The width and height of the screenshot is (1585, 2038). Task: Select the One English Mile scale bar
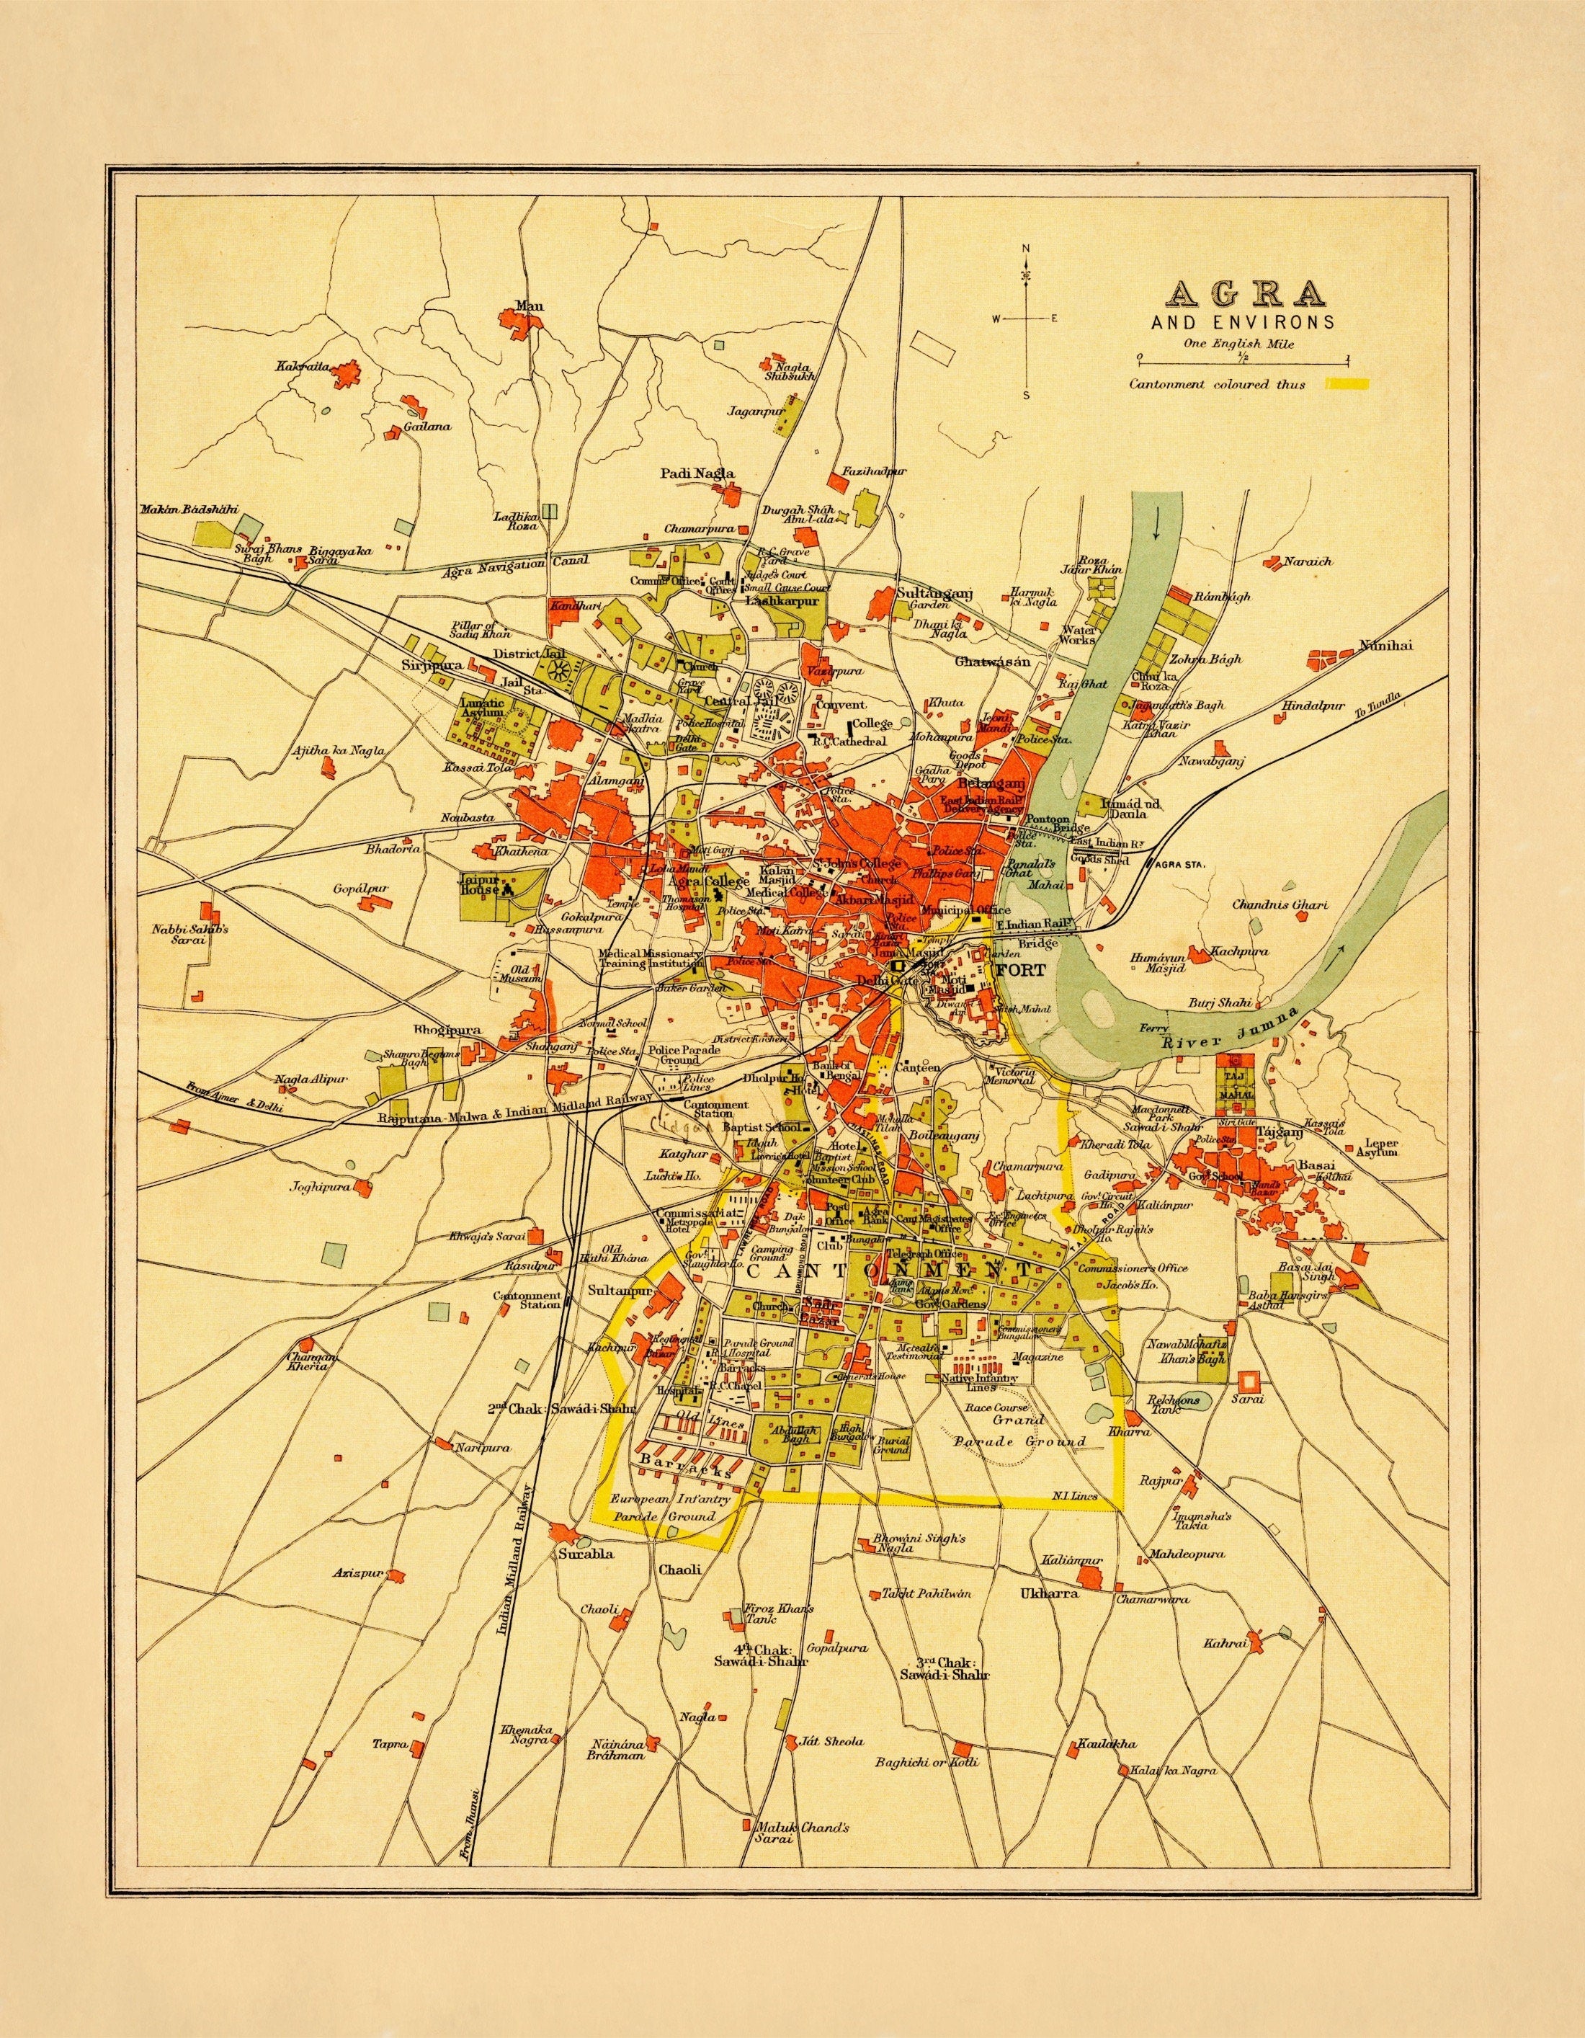(1241, 358)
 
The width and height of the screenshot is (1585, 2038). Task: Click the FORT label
(1022, 971)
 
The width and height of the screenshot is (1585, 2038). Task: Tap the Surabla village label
(585, 1554)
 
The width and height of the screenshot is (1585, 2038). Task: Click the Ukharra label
(1050, 1593)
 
